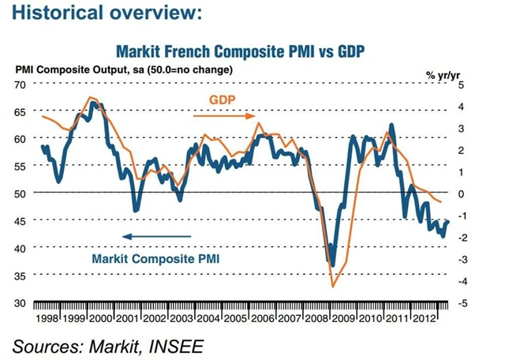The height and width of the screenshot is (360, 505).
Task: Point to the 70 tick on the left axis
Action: [21, 84]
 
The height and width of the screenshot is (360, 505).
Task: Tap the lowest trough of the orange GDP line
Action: [334, 287]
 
